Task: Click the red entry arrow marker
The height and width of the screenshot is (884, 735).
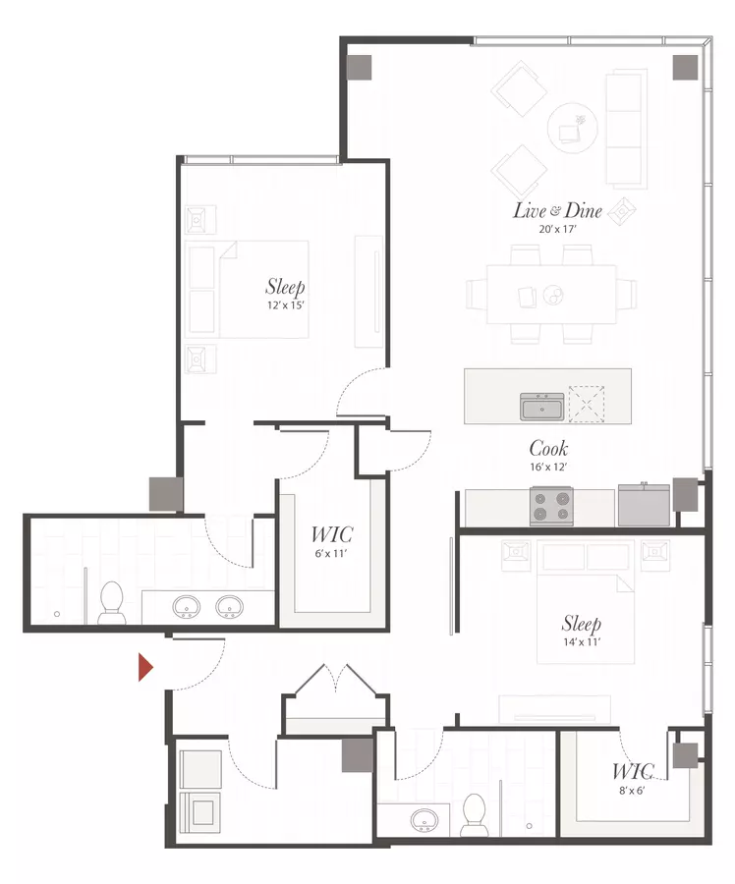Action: point(145,667)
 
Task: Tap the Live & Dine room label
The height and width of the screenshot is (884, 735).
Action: point(557,210)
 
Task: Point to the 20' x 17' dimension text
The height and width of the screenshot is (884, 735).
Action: point(557,229)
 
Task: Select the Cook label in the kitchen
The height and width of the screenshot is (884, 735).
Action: point(548,448)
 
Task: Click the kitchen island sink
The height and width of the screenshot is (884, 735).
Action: point(542,407)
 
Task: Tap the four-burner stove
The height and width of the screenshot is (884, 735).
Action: point(551,506)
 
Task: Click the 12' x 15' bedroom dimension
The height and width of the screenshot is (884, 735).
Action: point(285,305)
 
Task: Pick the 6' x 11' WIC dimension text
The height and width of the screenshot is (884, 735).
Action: point(330,553)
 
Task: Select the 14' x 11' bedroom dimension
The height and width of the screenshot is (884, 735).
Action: point(582,641)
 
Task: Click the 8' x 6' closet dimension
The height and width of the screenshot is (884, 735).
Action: point(632,791)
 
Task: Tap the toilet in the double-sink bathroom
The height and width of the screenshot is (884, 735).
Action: point(111,603)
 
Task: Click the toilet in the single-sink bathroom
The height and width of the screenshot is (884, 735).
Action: point(474,815)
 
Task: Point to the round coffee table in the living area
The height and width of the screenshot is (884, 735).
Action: point(573,128)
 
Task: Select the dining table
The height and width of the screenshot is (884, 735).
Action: point(551,295)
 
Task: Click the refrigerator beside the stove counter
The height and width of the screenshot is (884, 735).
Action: point(644,505)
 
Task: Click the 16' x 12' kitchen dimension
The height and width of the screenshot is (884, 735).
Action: point(547,467)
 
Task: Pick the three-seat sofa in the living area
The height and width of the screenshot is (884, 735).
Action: point(626,129)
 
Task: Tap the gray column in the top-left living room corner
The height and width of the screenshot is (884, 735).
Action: point(360,68)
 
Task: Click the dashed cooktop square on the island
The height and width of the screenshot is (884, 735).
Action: point(587,404)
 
